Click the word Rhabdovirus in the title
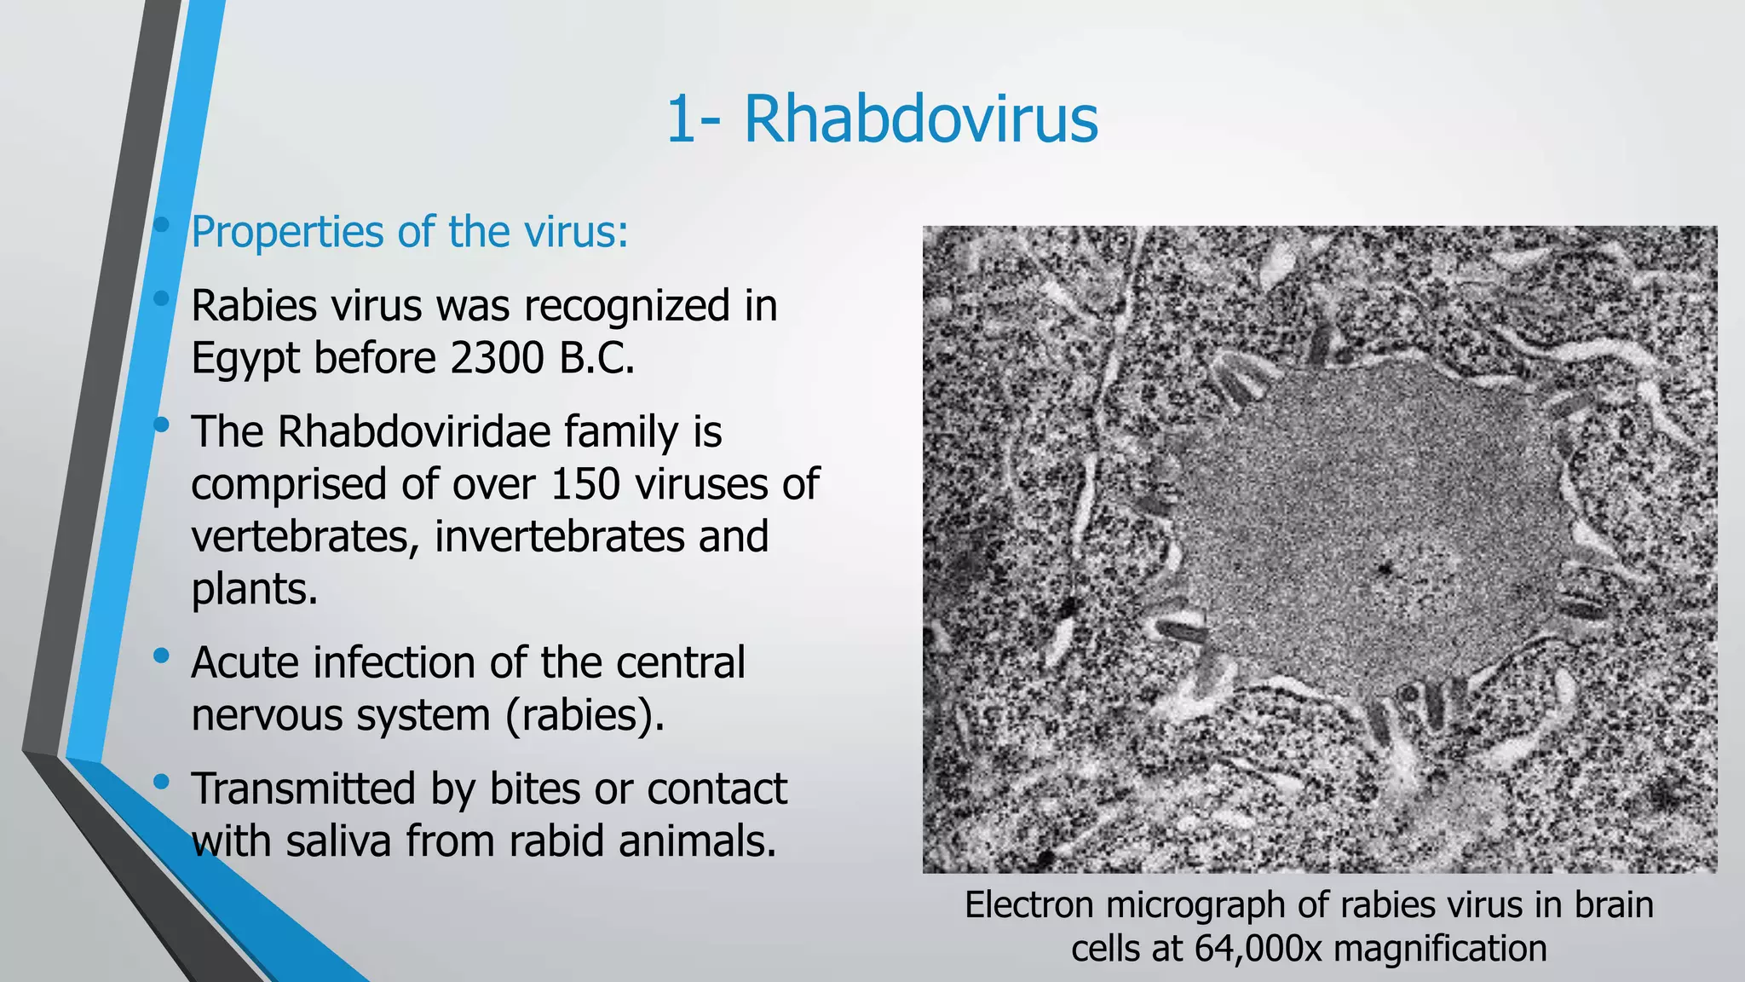(920, 119)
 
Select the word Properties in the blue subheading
(287, 232)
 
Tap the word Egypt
(245, 358)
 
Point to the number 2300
(496, 357)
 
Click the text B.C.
(597, 357)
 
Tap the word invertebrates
(559, 537)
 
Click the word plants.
(254, 589)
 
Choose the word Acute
(245, 662)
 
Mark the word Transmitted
(304, 788)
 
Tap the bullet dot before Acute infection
(161, 656)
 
